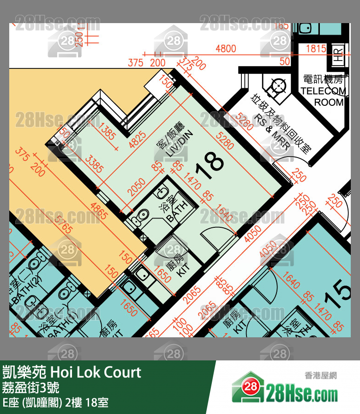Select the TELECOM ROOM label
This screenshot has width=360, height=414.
[323, 91]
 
